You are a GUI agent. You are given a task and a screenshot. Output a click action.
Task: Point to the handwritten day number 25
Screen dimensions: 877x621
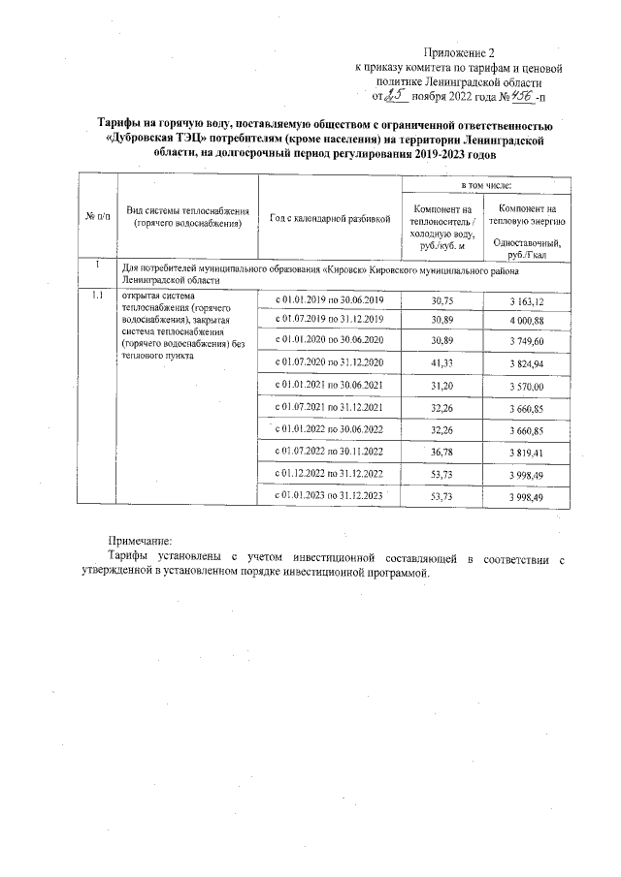pos(394,96)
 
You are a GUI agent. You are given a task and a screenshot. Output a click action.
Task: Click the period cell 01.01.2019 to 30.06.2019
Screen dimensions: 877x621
pos(331,300)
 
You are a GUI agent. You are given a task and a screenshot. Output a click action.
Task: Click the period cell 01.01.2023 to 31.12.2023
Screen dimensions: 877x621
pos(331,495)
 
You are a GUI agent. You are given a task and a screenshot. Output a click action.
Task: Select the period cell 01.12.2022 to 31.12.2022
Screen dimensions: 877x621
pos(331,473)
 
